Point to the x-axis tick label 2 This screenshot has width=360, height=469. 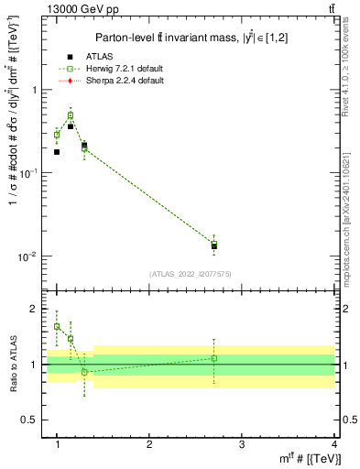(149, 445)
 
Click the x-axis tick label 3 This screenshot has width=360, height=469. (242, 445)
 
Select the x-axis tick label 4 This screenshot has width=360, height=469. (334, 445)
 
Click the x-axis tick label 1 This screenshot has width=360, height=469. (57, 445)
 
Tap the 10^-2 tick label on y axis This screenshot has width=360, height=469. (27, 256)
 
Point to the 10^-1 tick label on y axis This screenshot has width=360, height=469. (27, 173)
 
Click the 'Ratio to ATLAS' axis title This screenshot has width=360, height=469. (11, 364)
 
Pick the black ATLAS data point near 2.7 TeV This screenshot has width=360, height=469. (214, 246)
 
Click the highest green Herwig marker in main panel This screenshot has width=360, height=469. (71, 115)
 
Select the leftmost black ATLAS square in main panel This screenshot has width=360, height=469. (57, 152)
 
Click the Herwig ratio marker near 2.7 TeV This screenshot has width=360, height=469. (214, 358)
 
